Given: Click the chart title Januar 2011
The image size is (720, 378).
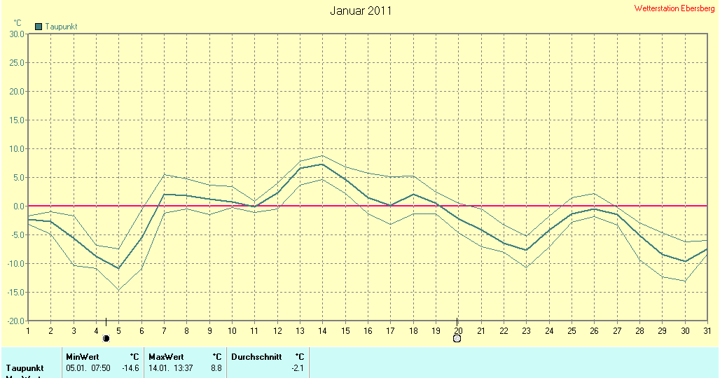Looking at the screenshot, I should [x=361, y=11].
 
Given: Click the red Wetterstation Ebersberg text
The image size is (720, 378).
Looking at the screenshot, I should [x=674, y=8].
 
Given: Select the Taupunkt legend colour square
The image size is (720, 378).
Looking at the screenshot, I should [x=39, y=27].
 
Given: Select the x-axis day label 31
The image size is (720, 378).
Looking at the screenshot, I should [x=707, y=330].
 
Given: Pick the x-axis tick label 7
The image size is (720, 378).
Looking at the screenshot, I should [x=164, y=330].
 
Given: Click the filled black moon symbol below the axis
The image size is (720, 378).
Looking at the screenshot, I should [x=106, y=339].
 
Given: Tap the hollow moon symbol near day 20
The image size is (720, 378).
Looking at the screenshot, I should [x=457, y=339].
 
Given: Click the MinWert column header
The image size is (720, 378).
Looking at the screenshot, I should [x=82, y=357].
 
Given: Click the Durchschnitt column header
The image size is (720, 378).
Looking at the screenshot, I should [x=256, y=357].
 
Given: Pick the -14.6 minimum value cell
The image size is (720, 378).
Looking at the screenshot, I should [x=131, y=368].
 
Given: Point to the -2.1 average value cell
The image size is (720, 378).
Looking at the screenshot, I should [x=298, y=368].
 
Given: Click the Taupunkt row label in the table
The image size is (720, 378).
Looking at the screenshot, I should [x=25, y=368].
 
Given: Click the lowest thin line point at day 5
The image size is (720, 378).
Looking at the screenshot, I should [x=118, y=290].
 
